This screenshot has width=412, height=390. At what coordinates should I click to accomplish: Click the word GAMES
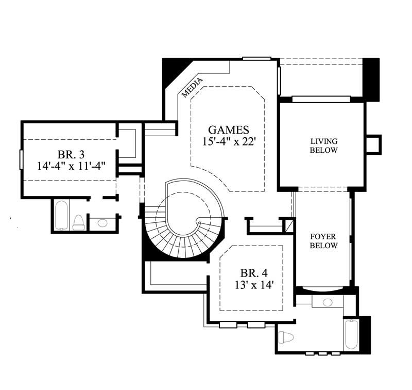[x=229, y=130]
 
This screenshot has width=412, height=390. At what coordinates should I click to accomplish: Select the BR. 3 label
[x=71, y=154]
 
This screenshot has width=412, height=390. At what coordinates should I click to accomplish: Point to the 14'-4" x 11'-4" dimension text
[x=71, y=166]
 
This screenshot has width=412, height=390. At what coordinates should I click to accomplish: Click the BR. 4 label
[x=254, y=272]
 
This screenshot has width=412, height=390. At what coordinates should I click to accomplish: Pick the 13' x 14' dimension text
[x=253, y=284]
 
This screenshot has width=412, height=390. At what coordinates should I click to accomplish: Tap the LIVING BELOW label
[x=323, y=145]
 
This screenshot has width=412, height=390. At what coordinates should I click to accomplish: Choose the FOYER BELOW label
[x=323, y=241]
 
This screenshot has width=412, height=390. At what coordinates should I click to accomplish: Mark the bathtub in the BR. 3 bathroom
[x=61, y=215]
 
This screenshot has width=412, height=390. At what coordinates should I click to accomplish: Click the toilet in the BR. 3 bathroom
[x=78, y=222]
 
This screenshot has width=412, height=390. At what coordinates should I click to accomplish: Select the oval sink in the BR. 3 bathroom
[x=102, y=223]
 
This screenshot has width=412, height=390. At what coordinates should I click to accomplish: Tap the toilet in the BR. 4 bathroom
[x=286, y=337]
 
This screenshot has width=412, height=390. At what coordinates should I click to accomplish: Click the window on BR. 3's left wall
[x=21, y=159]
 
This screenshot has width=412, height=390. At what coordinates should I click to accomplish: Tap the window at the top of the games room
[x=256, y=58]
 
